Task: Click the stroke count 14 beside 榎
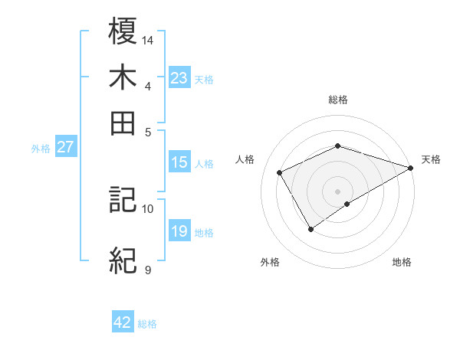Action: [x=148, y=39]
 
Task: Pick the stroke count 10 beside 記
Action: [x=148, y=208]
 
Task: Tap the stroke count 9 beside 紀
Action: [x=148, y=270]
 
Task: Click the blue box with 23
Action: [x=179, y=78]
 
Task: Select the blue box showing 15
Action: [x=179, y=162]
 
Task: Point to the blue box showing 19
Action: [x=179, y=231]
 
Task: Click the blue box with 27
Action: [x=66, y=148]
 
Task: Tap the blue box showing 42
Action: [x=123, y=322]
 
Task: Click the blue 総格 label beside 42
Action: [x=147, y=324]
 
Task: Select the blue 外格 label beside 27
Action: [x=41, y=149]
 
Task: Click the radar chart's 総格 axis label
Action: [x=338, y=100]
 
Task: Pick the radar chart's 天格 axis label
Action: [x=431, y=159]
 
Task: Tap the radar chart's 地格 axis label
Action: [x=402, y=262]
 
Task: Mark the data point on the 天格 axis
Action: [x=412, y=168]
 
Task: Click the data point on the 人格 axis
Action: [x=280, y=172]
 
